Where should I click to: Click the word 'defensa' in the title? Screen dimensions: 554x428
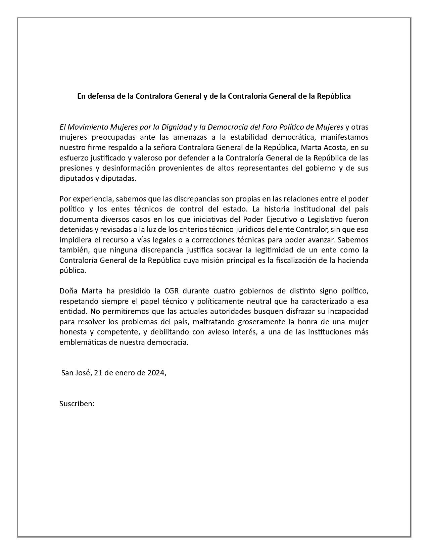click(x=100, y=96)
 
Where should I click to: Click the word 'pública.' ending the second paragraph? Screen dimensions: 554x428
click(x=73, y=271)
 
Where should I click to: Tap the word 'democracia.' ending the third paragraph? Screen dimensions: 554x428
click(x=171, y=343)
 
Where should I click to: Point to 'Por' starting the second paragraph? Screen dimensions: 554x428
click(x=65, y=199)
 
